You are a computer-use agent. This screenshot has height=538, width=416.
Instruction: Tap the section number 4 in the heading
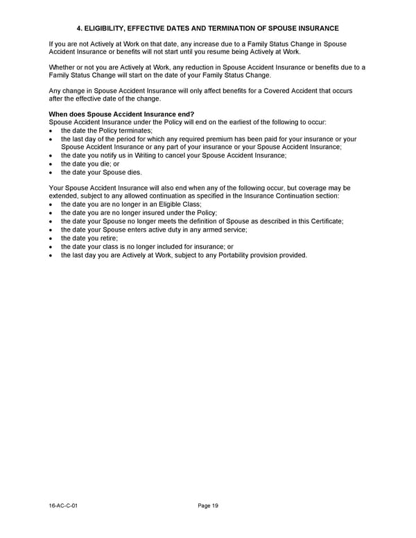[78, 28]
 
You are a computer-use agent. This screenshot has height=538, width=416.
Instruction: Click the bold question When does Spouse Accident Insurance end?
[121, 114]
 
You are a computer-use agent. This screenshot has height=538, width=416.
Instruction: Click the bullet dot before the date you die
[52, 164]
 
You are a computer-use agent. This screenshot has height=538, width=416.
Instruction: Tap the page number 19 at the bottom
[215, 506]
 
